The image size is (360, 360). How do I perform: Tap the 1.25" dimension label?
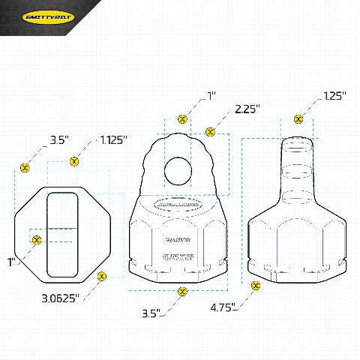click(x=334, y=96)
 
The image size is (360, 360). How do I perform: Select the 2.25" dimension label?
click(x=247, y=109)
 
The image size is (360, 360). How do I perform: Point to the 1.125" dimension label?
click(x=114, y=140)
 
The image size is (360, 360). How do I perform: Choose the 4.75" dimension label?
click(x=223, y=307)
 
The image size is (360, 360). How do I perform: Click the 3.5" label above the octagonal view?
click(x=59, y=140)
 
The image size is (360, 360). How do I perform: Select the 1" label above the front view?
click(x=212, y=96)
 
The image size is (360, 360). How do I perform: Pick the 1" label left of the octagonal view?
click(x=11, y=262)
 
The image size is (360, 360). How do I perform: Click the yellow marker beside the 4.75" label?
click(x=256, y=286)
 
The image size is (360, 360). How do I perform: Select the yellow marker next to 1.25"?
click(x=298, y=118)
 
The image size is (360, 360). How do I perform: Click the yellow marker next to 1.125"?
click(x=74, y=160)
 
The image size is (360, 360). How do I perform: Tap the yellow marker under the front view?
click(x=181, y=291)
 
